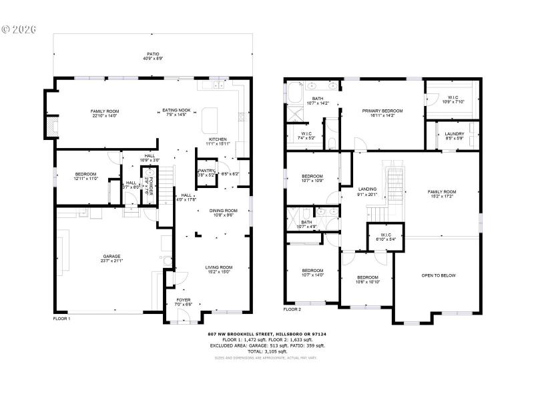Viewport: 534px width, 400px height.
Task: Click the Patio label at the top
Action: pos(153,54)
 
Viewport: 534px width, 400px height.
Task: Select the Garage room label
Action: pos(111,256)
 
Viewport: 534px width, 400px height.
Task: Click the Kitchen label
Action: pos(218,139)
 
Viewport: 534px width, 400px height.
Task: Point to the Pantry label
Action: pos(205,171)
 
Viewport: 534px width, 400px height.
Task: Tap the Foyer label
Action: pos(183,301)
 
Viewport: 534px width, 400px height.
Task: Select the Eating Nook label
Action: pos(177,111)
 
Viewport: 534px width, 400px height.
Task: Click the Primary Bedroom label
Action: pos(382,111)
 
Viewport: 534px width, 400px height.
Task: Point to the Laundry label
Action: pos(455,133)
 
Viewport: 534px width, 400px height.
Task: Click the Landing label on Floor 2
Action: pos(367,189)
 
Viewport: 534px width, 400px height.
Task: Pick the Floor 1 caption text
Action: pos(61,319)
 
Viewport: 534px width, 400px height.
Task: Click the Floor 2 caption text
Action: pos(292,309)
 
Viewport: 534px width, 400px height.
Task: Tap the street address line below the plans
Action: pos(270,333)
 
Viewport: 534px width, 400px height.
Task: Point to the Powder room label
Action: pos(151,179)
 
